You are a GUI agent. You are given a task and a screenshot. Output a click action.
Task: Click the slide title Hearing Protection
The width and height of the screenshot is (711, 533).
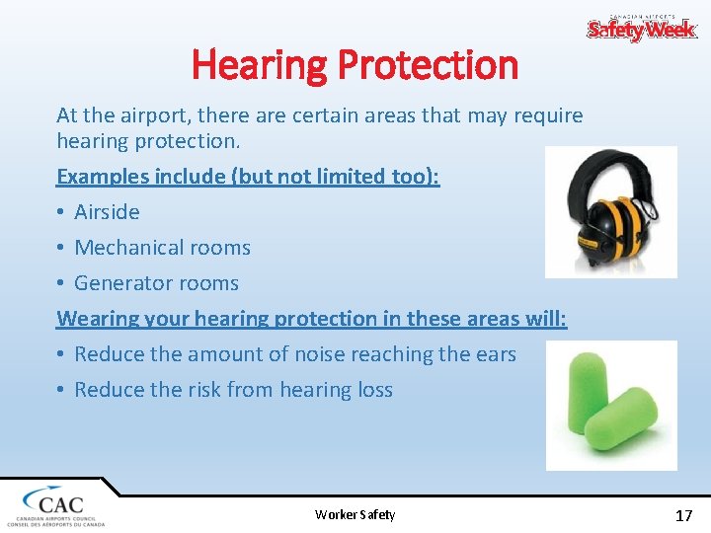355,65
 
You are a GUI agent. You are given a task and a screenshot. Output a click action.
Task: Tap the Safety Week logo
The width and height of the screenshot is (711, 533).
642,29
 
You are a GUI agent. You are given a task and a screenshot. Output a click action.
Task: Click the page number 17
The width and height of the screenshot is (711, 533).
683,514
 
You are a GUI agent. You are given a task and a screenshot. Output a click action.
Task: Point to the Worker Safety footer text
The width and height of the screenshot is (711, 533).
355,514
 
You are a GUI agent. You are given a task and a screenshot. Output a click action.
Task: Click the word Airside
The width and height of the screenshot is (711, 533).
107,212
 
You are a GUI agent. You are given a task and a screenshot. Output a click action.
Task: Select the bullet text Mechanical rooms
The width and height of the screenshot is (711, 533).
162,248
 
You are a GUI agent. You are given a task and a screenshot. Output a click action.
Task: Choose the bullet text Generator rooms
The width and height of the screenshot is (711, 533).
156,283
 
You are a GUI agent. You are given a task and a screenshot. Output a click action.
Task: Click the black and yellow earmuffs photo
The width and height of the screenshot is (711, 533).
611,212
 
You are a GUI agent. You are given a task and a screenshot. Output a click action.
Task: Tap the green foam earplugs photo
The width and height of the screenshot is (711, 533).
611,405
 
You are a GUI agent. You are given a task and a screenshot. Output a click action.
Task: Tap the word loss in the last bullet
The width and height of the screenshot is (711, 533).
375,390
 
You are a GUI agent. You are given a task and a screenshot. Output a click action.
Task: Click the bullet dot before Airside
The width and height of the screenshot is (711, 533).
61,212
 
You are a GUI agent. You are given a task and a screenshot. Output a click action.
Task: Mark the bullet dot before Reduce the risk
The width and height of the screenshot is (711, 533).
61,390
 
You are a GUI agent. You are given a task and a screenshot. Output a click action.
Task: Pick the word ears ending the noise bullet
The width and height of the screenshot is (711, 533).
494,354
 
